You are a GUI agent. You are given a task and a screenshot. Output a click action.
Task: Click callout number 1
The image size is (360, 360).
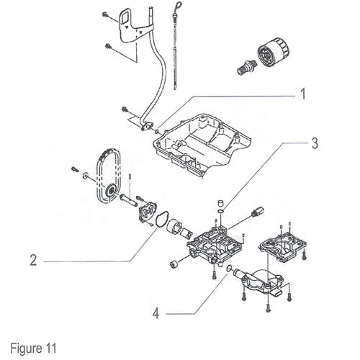pyautogui.click(x=303, y=94)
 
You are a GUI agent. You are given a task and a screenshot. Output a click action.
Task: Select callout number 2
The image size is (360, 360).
pyautogui.click(x=33, y=260)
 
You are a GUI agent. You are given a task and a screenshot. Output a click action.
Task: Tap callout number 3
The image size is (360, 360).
pyautogui.click(x=315, y=143)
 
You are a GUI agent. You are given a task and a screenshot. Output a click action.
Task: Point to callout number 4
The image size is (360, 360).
pyautogui.click(x=156, y=313)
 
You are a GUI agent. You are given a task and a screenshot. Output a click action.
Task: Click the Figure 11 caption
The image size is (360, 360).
pyautogui.click(x=33, y=348)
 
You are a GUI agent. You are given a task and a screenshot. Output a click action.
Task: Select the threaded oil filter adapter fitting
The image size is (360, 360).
pyautogui.click(x=246, y=67)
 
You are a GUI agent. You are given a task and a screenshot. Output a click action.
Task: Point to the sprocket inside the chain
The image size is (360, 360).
pyautogui.click(x=111, y=191)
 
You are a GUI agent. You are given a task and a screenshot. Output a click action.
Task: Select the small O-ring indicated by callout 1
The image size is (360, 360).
pyautogui.click(x=157, y=131)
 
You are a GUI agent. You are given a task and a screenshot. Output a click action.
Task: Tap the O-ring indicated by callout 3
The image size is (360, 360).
pyautogui.click(x=220, y=211)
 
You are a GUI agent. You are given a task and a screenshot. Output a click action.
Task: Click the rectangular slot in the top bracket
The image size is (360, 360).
pyautogui.click(x=125, y=18)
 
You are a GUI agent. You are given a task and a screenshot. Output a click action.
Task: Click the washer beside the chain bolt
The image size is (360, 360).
pyautogui.click(x=85, y=176)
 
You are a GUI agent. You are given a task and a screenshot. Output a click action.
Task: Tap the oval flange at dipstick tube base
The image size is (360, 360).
pyautogui.click(x=147, y=126)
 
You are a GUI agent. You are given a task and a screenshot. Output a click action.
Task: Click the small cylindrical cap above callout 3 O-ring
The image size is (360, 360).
pyautogui.click(x=220, y=203)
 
